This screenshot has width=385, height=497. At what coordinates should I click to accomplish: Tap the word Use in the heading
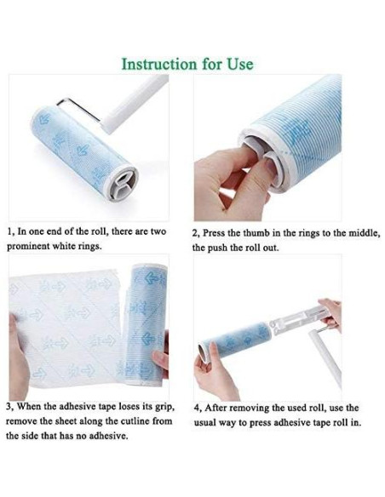[x=240, y=64]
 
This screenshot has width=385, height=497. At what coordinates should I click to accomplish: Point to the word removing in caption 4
[x=250, y=408]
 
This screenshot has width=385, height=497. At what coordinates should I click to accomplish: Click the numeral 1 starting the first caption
[x=9, y=231]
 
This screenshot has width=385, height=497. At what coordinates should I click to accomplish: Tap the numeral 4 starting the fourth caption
[x=197, y=408]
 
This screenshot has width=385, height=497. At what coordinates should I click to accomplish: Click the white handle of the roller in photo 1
[x=135, y=101]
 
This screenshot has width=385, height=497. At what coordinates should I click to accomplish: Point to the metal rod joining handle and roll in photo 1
[x=79, y=108]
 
